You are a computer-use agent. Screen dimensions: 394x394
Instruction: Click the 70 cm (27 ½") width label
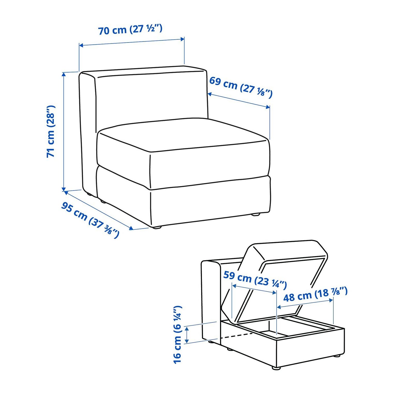(x=130, y=29)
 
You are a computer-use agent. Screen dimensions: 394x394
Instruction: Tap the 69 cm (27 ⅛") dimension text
(x=241, y=87)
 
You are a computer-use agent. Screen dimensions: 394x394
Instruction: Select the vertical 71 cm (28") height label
(x=51, y=131)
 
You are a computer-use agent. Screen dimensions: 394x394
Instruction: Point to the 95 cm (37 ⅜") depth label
(x=90, y=220)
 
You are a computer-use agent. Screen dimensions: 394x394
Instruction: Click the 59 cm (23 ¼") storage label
(x=255, y=279)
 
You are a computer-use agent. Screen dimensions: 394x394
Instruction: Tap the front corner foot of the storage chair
(x=276, y=368)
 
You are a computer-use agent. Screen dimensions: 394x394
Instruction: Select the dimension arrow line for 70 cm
(x=132, y=42)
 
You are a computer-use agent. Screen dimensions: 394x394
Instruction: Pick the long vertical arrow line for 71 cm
(x=64, y=132)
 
